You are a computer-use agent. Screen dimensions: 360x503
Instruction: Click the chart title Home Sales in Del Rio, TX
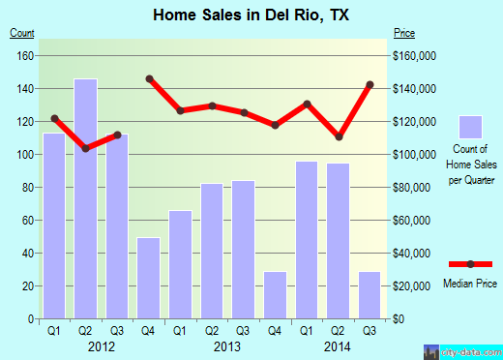251,15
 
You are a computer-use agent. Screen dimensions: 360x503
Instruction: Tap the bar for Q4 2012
148,278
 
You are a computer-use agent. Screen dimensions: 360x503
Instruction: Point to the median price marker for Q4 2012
149,78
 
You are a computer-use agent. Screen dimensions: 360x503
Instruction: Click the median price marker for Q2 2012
85,148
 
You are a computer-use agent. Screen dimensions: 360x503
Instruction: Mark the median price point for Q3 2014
370,84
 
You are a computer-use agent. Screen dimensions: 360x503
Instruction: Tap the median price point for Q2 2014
339,136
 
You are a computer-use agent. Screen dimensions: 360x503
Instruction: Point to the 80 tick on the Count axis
28,188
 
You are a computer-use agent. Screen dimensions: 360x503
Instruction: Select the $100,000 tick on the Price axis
414,155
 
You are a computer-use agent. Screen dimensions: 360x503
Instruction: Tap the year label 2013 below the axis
226,345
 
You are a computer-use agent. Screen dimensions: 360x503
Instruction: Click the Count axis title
22,34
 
